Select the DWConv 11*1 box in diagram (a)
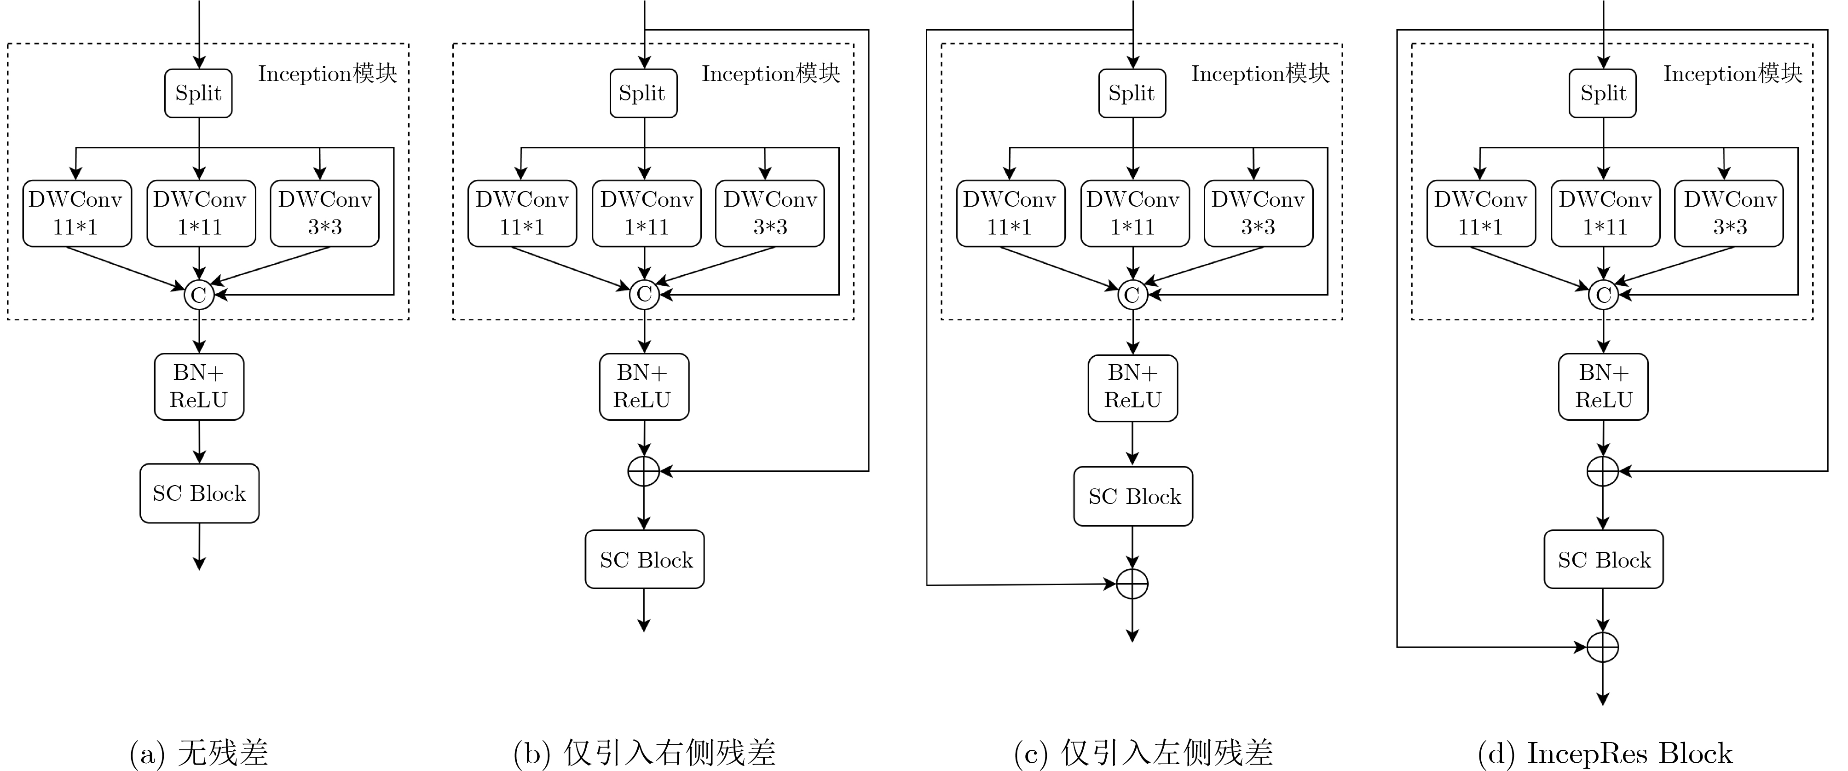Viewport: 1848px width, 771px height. pyautogui.click(x=77, y=213)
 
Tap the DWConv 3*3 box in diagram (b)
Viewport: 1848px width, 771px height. pyautogui.click(x=770, y=213)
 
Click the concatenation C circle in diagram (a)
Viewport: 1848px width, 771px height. pyautogui.click(x=199, y=294)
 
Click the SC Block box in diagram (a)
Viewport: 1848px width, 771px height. pyautogui.click(x=199, y=493)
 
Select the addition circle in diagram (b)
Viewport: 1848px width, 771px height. pyautogui.click(x=643, y=471)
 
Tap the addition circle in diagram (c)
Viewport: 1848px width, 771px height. pyautogui.click(x=1132, y=584)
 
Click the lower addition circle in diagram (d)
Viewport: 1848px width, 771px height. pyautogui.click(x=1603, y=647)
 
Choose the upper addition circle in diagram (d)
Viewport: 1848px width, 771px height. pyautogui.click(x=1603, y=471)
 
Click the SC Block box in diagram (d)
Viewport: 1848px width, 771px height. pyautogui.click(x=1603, y=559)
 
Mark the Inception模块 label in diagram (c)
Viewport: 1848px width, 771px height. pyautogui.click(x=1260, y=73)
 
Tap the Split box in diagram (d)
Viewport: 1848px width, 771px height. pyautogui.click(x=1603, y=93)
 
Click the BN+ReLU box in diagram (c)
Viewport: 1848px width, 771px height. pyautogui.click(x=1133, y=388)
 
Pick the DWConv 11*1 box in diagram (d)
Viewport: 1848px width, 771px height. pyautogui.click(x=1481, y=213)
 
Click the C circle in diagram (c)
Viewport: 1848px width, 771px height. pyautogui.click(x=1132, y=294)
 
